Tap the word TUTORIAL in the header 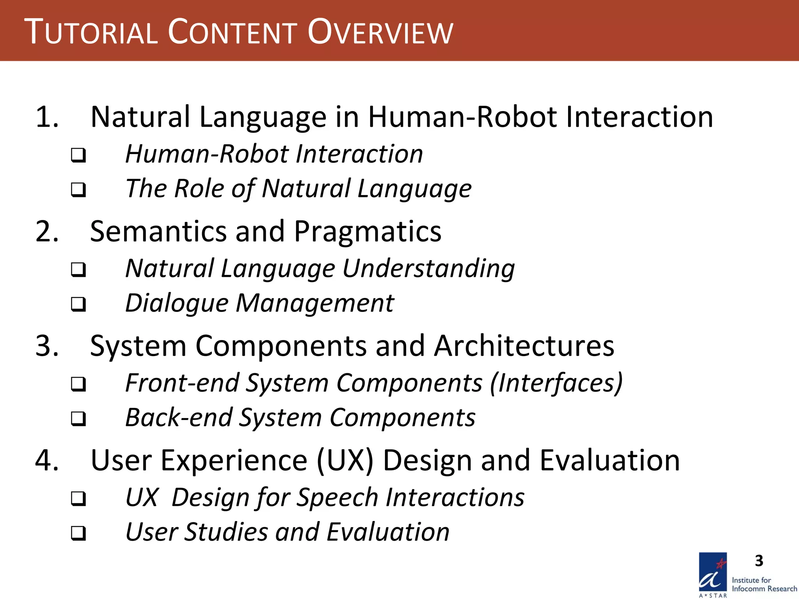91,32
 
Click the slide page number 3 759,561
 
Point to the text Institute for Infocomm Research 764,585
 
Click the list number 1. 47,117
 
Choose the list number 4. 47,460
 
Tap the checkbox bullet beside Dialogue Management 78,304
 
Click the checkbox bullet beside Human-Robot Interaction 78,155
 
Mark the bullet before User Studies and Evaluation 78,533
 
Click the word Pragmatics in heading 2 368,232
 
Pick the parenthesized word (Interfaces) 556,383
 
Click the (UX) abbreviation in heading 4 345,461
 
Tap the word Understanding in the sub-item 428,269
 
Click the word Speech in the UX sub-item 337,498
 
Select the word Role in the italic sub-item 199,189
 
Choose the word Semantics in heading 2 158,232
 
